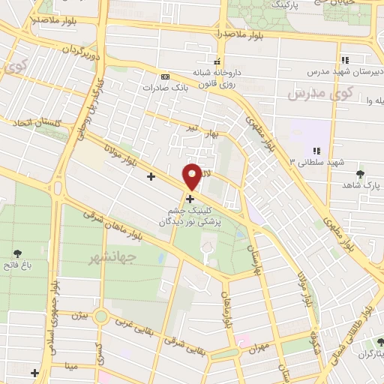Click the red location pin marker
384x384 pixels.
pos(193,176)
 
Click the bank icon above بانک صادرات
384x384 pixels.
pos(165,76)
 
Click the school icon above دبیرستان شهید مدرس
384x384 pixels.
pos(345,60)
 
